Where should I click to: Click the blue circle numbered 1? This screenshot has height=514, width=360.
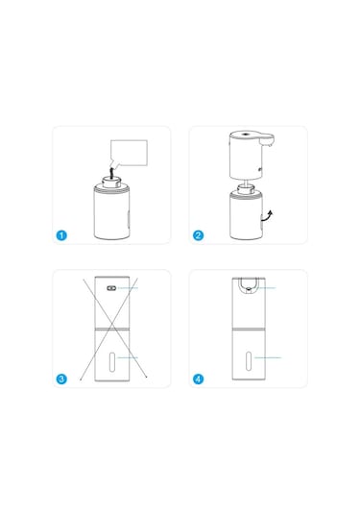pyautogui.click(x=62, y=234)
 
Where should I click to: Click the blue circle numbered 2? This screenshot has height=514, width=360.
pyautogui.click(x=199, y=234)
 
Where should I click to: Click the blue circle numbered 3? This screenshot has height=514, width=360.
pyautogui.click(x=62, y=379)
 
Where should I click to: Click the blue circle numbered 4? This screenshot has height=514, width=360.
pyautogui.click(x=199, y=379)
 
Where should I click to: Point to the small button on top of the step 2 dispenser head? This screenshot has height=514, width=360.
pyautogui.click(x=247, y=134)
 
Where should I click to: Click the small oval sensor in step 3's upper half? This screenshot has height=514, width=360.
pyautogui.click(x=110, y=287)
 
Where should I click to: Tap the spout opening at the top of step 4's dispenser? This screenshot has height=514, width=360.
pyautogui.click(x=247, y=284)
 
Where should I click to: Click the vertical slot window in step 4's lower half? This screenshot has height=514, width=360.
pyautogui.click(x=247, y=360)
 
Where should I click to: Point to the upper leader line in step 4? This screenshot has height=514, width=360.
pyautogui.click(x=269, y=287)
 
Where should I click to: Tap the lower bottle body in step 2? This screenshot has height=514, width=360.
pyautogui.click(x=247, y=219)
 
